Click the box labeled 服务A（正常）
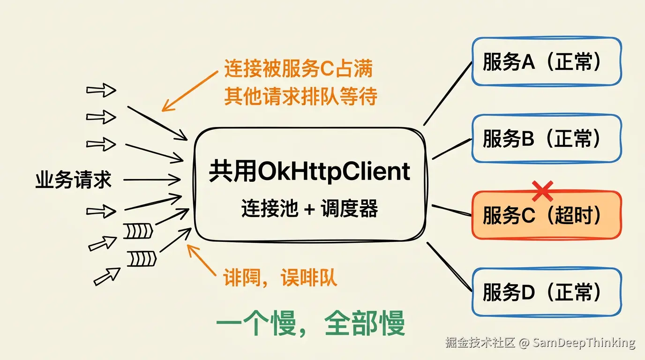[547, 61]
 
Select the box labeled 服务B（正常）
[547, 138]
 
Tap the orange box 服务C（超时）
[547, 216]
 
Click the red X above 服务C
[543, 191]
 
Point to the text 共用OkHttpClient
[309, 172]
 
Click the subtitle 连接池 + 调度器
[309, 209]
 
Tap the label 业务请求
[74, 180]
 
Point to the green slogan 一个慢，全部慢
[310, 323]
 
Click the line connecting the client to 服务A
[448, 93]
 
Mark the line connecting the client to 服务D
[449, 266]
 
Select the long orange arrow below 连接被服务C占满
[190, 91]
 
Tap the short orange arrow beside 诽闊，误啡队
[202, 260]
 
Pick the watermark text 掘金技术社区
[480, 343]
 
